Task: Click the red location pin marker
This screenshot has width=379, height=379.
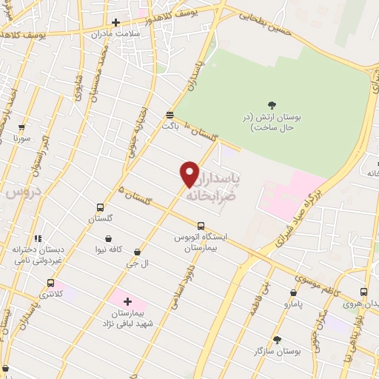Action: click(190, 173)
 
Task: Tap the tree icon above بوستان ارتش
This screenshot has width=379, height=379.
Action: click(272, 105)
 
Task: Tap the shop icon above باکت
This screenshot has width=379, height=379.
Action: click(170, 115)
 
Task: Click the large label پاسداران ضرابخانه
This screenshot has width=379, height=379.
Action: click(222, 189)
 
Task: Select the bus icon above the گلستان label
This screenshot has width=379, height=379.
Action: click(100, 207)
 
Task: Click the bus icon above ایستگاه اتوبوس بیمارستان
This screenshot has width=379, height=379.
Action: click(201, 226)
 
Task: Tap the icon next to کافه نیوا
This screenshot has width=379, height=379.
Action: click(110, 239)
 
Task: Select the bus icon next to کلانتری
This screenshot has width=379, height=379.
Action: click(50, 283)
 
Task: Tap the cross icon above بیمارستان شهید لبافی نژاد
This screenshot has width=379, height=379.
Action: click(127, 301)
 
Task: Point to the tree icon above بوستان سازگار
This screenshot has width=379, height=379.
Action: click(277, 341)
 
